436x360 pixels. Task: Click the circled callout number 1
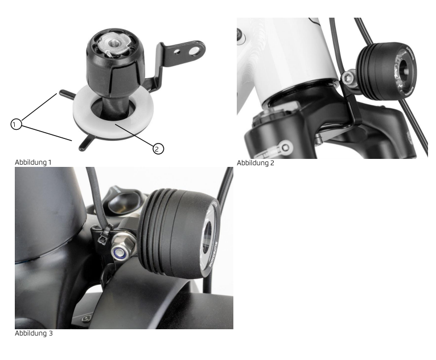(x=18, y=123)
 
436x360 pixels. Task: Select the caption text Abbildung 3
(x=34, y=333)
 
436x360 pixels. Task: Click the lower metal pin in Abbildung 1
(x=84, y=144)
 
